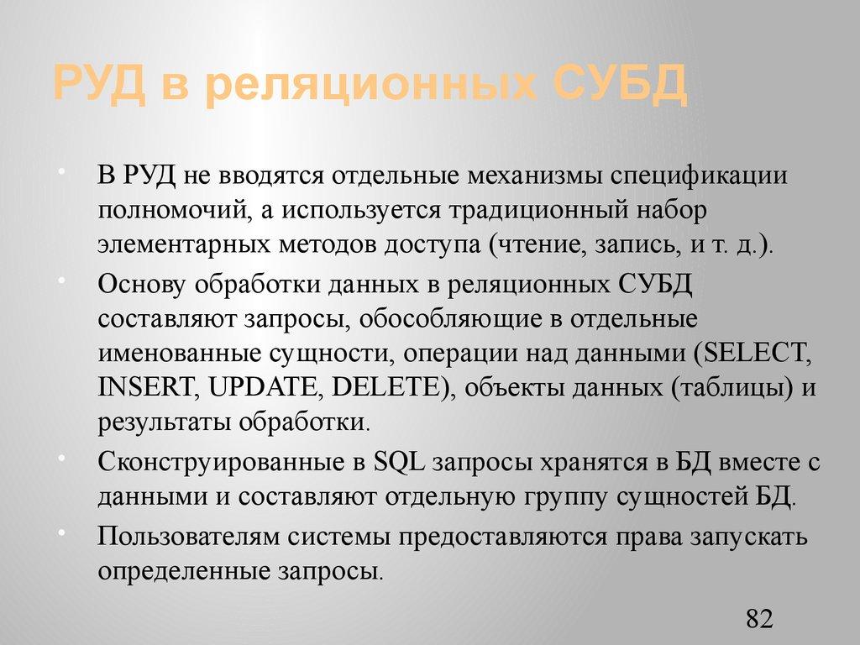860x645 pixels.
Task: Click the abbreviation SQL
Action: point(401,462)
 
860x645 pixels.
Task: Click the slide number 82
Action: point(758,620)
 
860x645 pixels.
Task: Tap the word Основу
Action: point(143,285)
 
